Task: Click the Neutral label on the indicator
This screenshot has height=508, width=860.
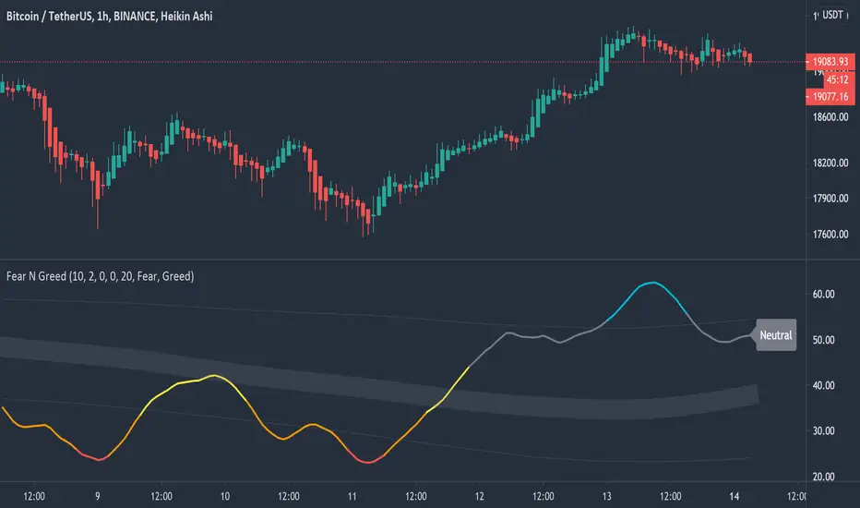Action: tap(776, 335)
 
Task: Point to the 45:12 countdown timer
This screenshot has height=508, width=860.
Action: tap(825, 79)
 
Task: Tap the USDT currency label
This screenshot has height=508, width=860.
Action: tap(833, 15)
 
